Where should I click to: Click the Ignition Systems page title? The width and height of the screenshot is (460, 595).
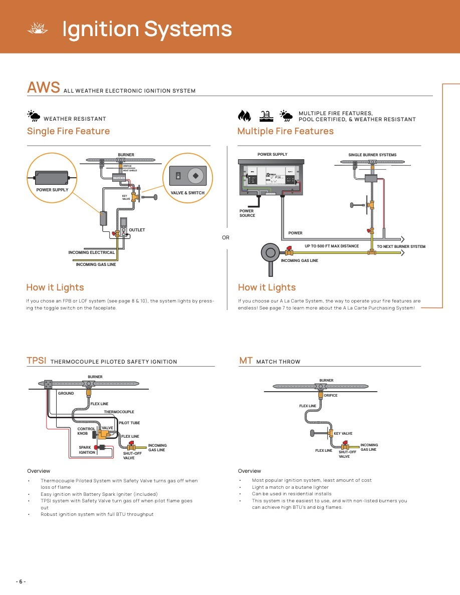[147, 29]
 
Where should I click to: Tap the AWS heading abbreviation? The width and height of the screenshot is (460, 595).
[44, 88]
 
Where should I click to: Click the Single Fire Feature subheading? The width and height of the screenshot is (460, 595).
[68, 131]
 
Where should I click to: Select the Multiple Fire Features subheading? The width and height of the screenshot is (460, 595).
[285, 131]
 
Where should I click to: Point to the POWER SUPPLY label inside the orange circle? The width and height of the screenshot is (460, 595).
[52, 190]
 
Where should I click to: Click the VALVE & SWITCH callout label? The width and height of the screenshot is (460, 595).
[188, 193]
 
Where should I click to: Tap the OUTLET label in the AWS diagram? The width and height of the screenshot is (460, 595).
[137, 230]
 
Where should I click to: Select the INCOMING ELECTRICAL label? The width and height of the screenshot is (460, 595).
[92, 252]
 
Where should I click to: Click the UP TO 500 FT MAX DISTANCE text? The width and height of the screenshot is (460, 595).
[332, 246]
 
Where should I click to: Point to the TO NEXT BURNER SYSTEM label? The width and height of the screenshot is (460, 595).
[401, 246]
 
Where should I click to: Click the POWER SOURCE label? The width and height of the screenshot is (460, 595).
[247, 213]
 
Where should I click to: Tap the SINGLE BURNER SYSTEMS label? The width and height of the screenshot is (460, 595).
[372, 155]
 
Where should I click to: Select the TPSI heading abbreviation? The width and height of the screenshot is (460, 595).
[37, 361]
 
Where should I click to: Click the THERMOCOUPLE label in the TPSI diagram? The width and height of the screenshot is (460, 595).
[119, 412]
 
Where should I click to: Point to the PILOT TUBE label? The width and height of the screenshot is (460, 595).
[129, 423]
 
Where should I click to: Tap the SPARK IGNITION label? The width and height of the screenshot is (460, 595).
[87, 450]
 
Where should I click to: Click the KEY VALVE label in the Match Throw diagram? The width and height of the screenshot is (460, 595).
[343, 434]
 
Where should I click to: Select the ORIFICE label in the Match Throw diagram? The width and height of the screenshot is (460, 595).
[331, 396]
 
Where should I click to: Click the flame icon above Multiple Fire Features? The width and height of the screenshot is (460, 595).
[245, 116]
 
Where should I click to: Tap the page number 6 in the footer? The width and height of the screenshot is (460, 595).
[21, 581]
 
